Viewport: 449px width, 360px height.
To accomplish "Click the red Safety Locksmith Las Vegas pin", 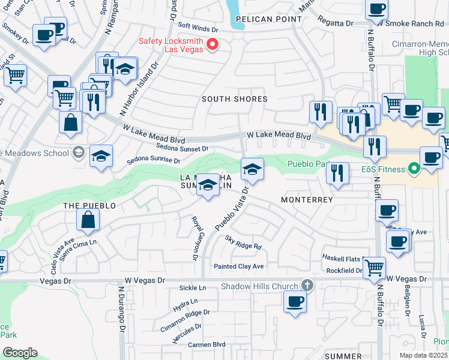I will [212, 44].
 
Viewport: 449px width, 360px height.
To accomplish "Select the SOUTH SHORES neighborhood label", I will [234, 99].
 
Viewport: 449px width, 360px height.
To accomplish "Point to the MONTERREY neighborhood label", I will [307, 199].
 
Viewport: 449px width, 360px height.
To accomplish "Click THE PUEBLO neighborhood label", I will [89, 206].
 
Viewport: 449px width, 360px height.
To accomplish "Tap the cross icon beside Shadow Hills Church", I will [307, 286].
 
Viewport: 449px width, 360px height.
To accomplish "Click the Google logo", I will [20, 352].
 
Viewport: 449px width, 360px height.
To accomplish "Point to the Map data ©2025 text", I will [423, 355].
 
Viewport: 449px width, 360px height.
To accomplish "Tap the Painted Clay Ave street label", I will [239, 266].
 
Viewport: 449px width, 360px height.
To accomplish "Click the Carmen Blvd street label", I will [206, 344].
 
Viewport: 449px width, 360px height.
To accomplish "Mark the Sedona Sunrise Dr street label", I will [154, 161].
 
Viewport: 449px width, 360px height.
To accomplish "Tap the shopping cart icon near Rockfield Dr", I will [375, 266].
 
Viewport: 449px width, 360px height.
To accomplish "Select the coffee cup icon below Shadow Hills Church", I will [295, 301].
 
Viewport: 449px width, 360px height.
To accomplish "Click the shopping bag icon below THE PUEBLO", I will [88, 220].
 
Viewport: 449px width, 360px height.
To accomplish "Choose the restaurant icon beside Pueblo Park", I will [338, 173].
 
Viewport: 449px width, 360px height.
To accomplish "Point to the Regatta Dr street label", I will [337, 23].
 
